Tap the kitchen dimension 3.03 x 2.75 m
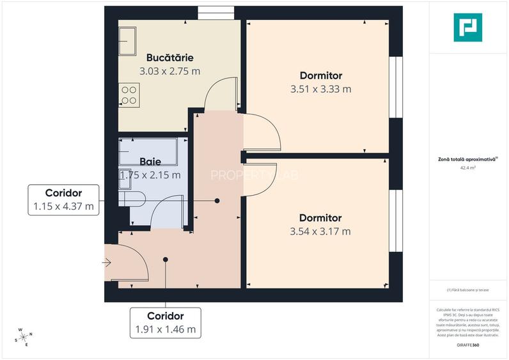[x=169, y=70]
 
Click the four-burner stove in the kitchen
[x=129, y=95]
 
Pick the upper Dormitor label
[x=320, y=75]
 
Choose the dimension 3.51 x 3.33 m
[x=320, y=89]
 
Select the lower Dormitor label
[x=320, y=217]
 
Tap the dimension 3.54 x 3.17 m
[x=320, y=231]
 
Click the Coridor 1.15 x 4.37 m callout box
[x=63, y=200]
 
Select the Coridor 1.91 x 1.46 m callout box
[x=165, y=323]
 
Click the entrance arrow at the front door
[x=107, y=262]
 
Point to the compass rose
[x=24, y=337]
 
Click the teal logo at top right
[x=468, y=27]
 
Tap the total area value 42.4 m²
[x=468, y=169]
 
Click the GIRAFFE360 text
[x=468, y=345]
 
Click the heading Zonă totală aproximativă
[x=468, y=160]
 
